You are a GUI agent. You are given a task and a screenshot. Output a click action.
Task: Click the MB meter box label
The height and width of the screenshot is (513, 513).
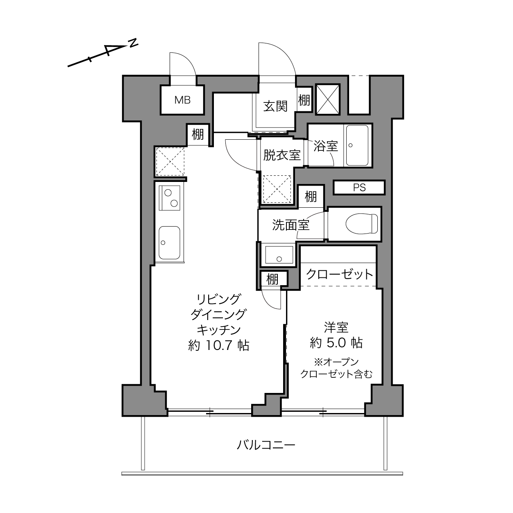182,100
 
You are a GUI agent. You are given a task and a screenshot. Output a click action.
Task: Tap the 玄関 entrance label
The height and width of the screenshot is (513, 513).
275,107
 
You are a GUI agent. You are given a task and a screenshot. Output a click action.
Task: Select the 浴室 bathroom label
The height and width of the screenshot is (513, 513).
326,146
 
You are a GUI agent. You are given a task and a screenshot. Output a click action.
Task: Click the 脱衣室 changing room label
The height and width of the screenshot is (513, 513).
282,155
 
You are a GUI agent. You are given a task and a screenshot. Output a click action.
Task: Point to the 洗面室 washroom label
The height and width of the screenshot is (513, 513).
291,225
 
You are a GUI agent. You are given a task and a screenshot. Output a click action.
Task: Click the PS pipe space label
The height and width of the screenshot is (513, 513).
359,188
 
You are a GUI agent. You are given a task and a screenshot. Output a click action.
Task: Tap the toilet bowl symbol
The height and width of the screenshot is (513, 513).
361,224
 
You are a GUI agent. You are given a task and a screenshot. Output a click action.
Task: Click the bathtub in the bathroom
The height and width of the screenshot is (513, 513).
357,145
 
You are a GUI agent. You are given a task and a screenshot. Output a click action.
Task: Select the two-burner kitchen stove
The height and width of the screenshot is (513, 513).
170,198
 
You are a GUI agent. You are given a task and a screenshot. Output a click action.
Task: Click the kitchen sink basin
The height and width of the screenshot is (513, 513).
169,243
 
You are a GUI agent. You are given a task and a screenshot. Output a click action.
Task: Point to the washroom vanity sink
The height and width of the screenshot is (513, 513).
279,255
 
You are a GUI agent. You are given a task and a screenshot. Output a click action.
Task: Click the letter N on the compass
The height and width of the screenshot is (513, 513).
134,43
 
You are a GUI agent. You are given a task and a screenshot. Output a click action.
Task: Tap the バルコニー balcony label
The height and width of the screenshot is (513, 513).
266,445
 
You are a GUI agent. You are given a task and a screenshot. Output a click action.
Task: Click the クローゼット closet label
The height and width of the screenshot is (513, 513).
339,275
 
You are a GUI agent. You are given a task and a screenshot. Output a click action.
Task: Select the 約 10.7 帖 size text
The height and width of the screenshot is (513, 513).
218,345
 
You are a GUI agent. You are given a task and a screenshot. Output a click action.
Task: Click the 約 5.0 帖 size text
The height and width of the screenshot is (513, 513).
336,343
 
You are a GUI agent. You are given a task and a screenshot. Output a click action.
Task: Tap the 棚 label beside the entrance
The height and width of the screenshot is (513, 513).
304,100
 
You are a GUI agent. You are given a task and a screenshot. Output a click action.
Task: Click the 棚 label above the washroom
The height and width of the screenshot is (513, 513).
311,197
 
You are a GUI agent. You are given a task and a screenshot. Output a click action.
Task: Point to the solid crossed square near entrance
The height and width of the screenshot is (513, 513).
328,100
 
